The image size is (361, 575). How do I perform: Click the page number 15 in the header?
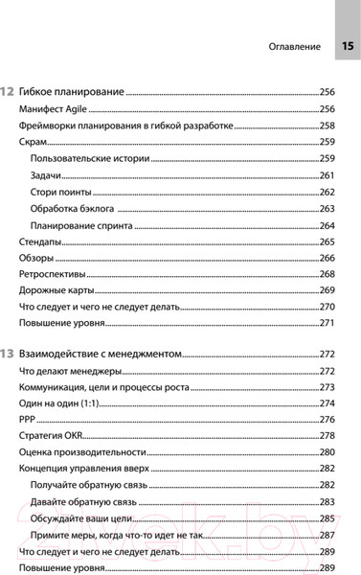[346, 45]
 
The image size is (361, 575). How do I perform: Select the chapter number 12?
[8, 91]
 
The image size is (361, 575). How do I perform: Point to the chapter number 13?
[8, 353]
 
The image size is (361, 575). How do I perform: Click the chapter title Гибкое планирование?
[73, 91]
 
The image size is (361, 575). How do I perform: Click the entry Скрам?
[34, 142]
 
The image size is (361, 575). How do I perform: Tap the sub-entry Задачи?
[47, 175]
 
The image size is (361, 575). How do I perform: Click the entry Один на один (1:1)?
[62, 402]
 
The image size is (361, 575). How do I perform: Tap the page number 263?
[327, 208]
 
